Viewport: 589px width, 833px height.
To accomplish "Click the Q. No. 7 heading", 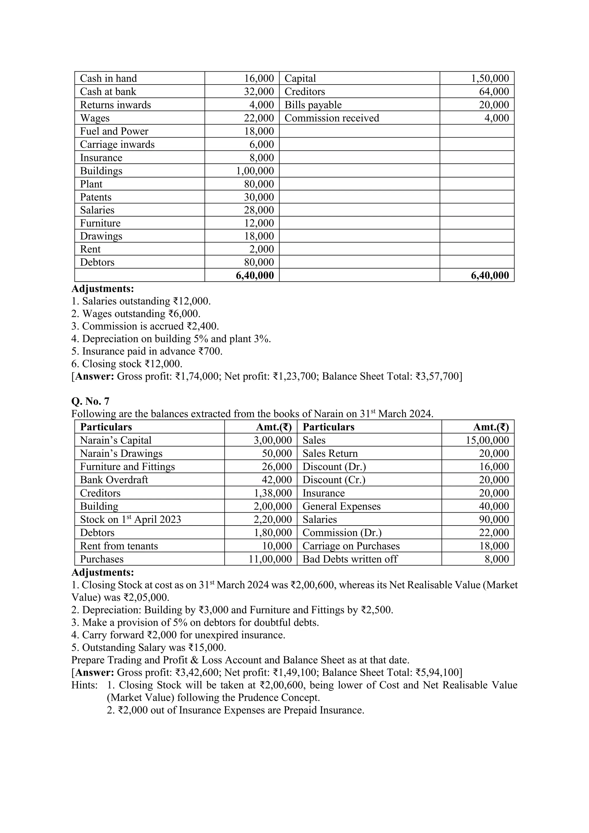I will coord(90,401).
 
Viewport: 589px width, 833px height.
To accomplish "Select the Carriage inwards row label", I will coord(117,144).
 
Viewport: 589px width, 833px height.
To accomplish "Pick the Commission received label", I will coord(332,118).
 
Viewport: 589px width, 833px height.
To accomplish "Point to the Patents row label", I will coord(96,197).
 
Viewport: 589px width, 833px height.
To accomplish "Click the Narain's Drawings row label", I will coord(121,454).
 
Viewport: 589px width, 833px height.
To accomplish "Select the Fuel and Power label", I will coord(114,131).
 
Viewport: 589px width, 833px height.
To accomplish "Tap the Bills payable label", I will coord(313,105).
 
